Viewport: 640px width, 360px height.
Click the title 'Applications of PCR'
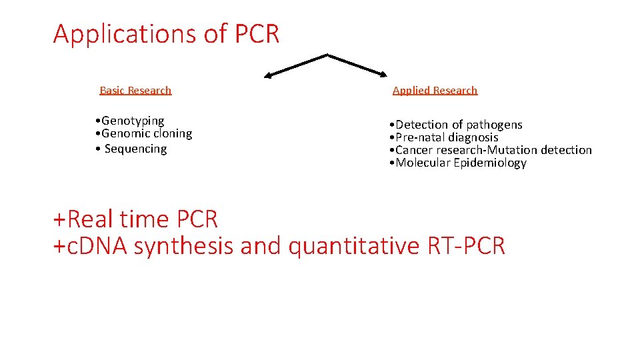tap(166, 33)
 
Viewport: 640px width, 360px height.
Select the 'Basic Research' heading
tap(135, 90)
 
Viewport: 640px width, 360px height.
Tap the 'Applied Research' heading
tap(435, 90)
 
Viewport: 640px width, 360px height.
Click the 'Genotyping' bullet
tap(133, 121)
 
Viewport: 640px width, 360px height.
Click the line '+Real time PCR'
tap(135, 219)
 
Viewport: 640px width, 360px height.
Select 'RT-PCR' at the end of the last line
tap(465, 246)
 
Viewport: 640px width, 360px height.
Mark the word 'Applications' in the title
tap(125, 33)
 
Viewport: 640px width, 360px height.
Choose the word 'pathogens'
tap(494, 125)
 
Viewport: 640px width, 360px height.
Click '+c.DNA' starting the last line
tap(91, 246)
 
